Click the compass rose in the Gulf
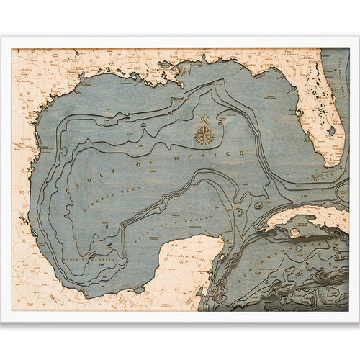(206, 134)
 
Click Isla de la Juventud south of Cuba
(295, 234)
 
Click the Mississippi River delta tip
(189, 85)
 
